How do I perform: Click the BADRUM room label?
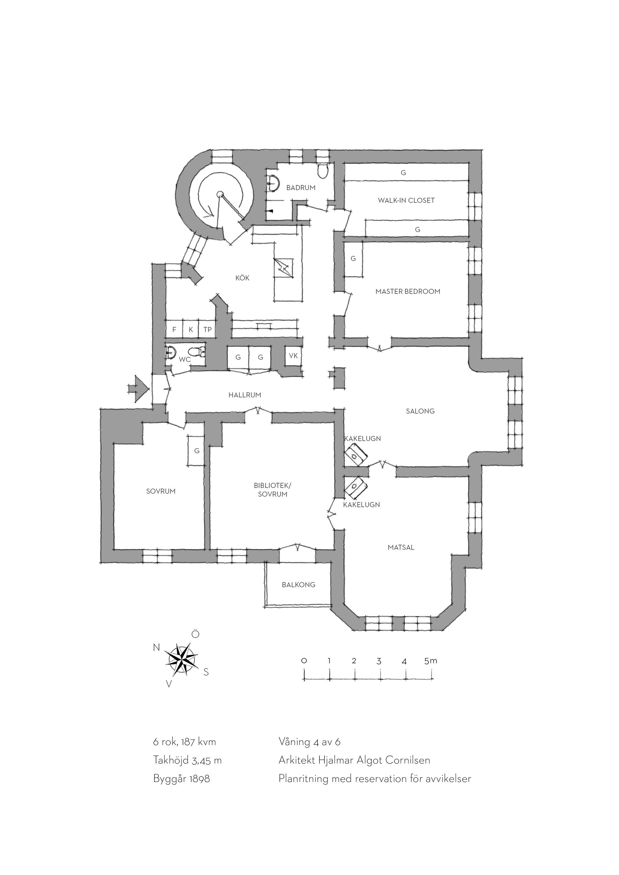301,188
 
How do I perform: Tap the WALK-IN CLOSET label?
406,200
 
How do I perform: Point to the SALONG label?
420,411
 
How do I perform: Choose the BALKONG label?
299,585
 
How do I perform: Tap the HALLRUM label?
245,395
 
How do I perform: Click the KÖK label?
242,278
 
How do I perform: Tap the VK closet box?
293,356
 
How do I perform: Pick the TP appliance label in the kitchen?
207,330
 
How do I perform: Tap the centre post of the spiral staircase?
220,194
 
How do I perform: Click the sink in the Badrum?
272,183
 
